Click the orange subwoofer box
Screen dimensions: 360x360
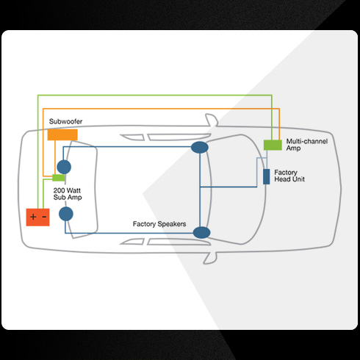[62, 134]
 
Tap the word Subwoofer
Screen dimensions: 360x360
[65, 121]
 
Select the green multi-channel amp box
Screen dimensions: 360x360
[273, 145]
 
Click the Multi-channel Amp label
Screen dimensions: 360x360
[307, 145]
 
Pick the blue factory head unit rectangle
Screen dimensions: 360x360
[266, 176]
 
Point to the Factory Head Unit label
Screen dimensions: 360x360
[289, 176]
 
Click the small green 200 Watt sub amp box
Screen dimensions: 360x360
[59, 178]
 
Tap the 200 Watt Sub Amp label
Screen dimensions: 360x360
[68, 194]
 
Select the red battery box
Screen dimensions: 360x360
[37, 217]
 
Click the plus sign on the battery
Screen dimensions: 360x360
[33, 217]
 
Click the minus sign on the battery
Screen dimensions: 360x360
[44, 217]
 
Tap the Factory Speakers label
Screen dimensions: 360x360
[159, 224]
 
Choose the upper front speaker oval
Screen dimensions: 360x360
[200, 148]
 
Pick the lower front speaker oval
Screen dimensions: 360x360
[201, 233]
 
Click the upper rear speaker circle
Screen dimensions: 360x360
[64, 167]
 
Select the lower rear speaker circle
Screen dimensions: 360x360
[66, 214]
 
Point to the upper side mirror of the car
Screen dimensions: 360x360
[212, 120]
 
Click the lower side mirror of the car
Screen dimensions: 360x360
[210, 258]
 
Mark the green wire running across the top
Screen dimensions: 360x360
[155, 96]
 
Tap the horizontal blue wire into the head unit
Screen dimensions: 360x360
[228, 187]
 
